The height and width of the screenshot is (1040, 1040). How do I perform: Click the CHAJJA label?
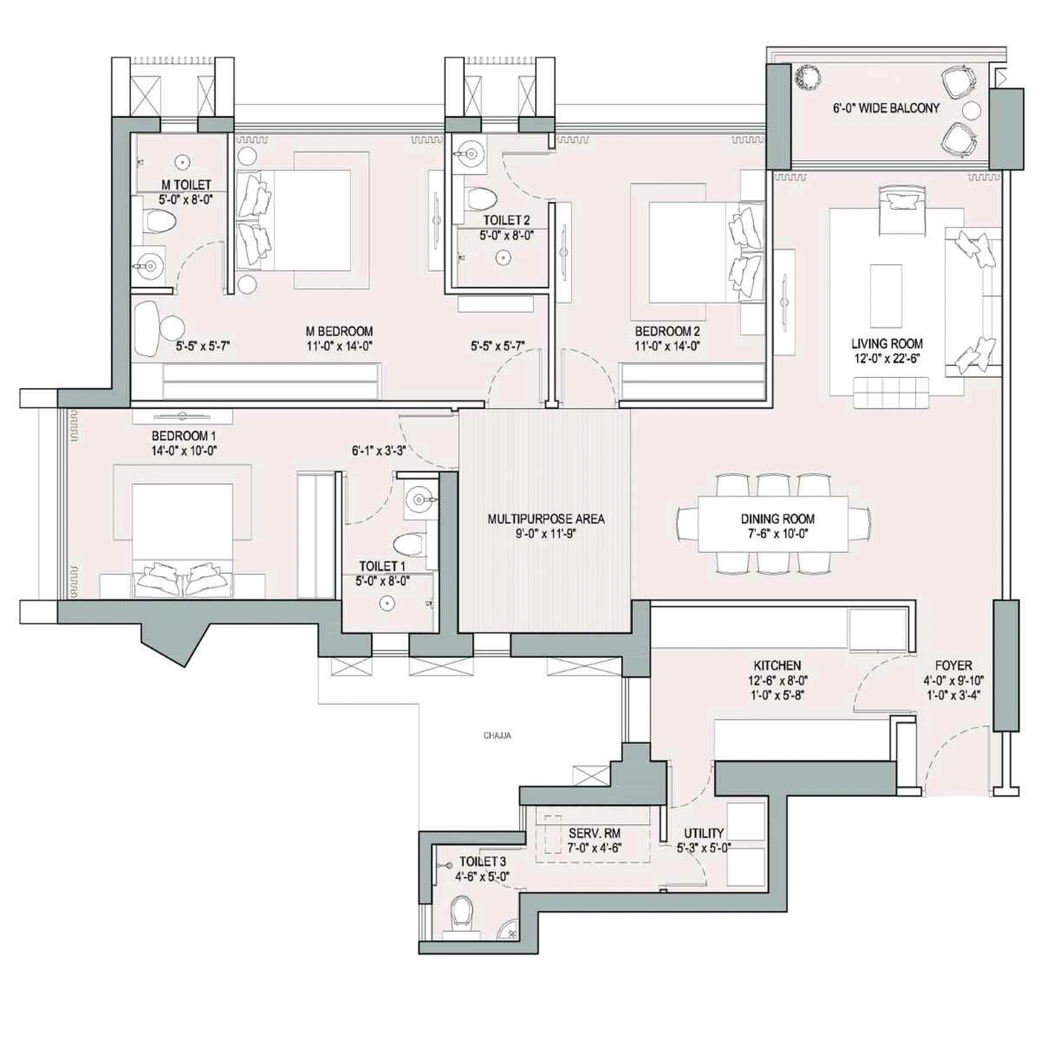click(x=497, y=736)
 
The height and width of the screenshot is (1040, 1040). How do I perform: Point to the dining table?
click(x=773, y=524)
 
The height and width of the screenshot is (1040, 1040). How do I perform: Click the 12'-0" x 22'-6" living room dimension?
click(x=886, y=358)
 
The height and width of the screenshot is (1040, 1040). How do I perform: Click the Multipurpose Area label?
click(x=545, y=519)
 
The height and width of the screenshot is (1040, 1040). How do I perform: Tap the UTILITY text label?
click(x=703, y=833)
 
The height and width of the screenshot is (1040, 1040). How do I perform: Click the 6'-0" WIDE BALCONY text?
click(x=886, y=108)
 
